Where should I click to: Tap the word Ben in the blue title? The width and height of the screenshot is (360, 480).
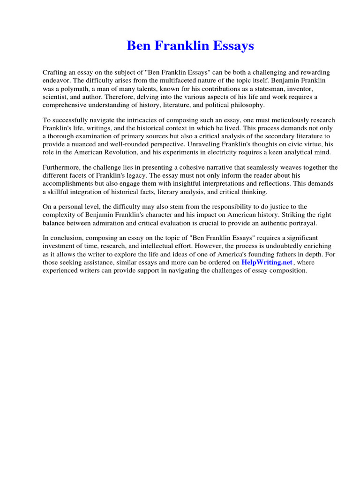pos(138,46)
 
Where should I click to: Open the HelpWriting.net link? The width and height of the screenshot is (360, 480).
pos(267,262)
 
